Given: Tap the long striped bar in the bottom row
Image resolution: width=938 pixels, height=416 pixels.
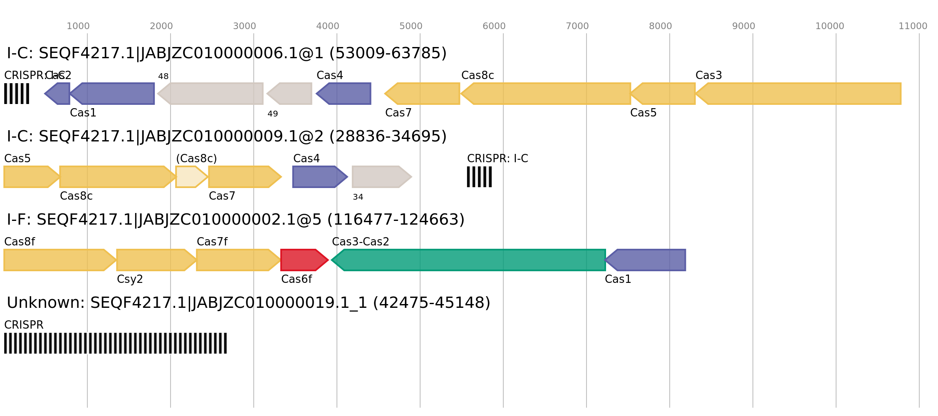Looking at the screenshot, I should point(115,343).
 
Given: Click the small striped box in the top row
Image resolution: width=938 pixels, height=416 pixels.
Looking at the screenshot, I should point(17,94).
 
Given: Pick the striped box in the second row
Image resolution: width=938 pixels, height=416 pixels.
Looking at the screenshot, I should point(479,177).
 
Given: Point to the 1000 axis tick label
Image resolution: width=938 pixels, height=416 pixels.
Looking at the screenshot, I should point(78,26).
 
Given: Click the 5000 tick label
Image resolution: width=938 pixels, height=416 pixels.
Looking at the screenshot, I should point(411,26).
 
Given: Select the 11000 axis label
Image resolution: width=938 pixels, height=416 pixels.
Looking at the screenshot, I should point(913,26).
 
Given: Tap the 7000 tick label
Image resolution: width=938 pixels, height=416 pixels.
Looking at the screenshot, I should point(577,26).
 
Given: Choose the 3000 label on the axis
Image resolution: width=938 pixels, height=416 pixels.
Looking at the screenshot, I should point(244,26).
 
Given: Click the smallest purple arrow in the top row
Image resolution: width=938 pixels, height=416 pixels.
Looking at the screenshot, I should point(58,94).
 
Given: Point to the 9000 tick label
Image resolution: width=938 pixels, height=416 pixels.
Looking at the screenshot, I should point(743,26).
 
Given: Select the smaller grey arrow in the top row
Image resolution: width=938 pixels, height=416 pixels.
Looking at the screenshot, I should point(290,94).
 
